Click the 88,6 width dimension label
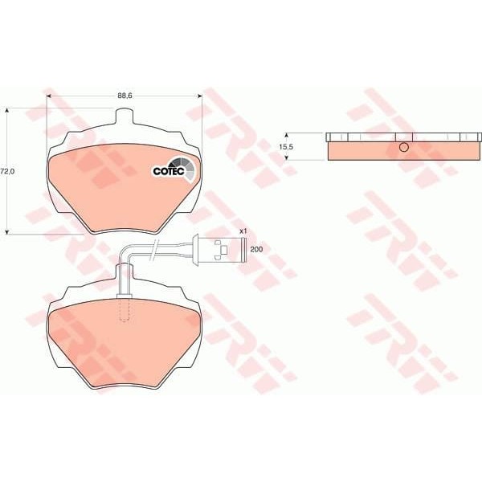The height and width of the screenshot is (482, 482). (x=125, y=95)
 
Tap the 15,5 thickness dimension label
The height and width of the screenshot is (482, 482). (x=285, y=147)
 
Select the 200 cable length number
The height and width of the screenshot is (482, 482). (x=256, y=250)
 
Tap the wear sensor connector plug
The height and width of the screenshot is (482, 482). (x=213, y=249)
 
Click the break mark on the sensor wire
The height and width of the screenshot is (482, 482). (x=160, y=250)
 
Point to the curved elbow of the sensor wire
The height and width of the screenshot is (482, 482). (x=125, y=255)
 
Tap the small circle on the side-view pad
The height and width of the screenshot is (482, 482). (x=404, y=147)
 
